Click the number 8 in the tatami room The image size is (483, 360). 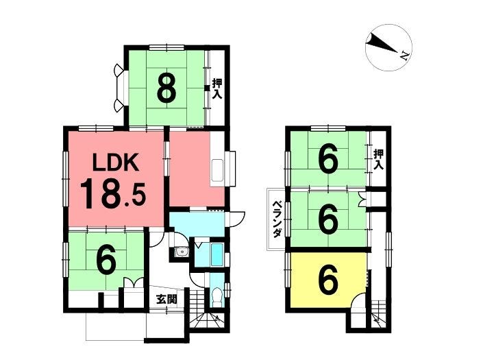166,88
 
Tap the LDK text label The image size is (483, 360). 116,164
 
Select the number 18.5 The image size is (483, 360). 112,195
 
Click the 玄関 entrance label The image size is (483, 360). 166,299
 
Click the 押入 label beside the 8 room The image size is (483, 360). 217,88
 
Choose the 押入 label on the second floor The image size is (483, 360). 379,159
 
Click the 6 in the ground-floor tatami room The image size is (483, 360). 106,259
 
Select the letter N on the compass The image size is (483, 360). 404,56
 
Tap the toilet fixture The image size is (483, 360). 217,297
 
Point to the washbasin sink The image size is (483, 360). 182,254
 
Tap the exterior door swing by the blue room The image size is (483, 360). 237,219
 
